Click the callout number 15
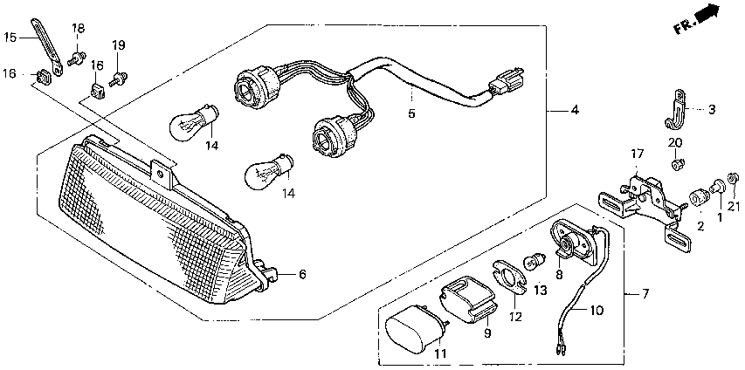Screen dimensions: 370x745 tap(10, 38)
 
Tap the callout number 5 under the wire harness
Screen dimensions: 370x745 tap(410, 113)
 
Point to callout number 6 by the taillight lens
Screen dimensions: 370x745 tap(302, 275)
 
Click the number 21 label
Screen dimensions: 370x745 tap(733, 207)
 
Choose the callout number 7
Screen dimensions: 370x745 tap(645, 293)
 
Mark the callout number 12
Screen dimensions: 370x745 tap(515, 317)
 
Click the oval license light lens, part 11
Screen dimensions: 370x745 tap(415, 332)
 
